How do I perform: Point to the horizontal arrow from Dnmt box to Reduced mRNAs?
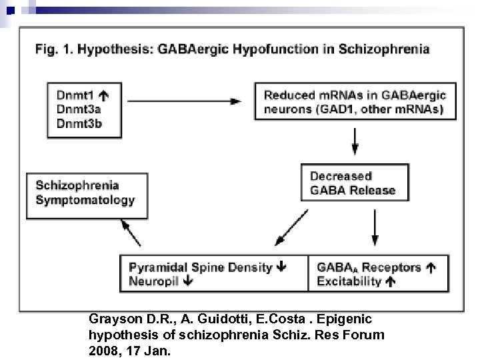(x=185, y=101)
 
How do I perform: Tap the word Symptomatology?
(x=85, y=199)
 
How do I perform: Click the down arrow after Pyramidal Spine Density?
(x=281, y=267)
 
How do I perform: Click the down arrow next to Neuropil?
(x=187, y=281)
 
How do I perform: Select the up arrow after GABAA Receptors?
(x=431, y=267)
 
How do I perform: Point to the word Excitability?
(x=349, y=281)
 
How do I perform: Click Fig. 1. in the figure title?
(x=52, y=49)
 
